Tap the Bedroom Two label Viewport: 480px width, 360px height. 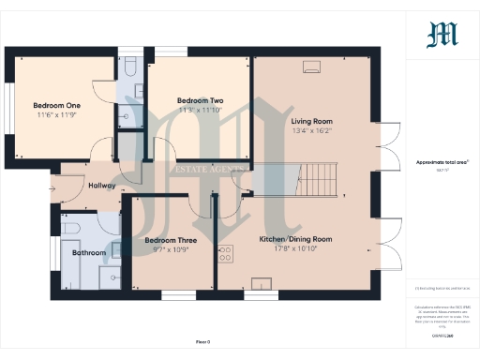point(200,100)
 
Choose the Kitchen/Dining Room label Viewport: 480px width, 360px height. point(296,240)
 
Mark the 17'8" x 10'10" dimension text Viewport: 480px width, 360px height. point(296,249)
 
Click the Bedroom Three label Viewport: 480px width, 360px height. point(170,241)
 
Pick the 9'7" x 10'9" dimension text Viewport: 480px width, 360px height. point(170,250)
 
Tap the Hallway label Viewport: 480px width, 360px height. point(101,186)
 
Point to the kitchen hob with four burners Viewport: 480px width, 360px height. point(226,253)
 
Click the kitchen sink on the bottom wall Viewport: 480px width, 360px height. point(258,281)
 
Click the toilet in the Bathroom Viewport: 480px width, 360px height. point(69,227)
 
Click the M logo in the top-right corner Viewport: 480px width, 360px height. point(442,36)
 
